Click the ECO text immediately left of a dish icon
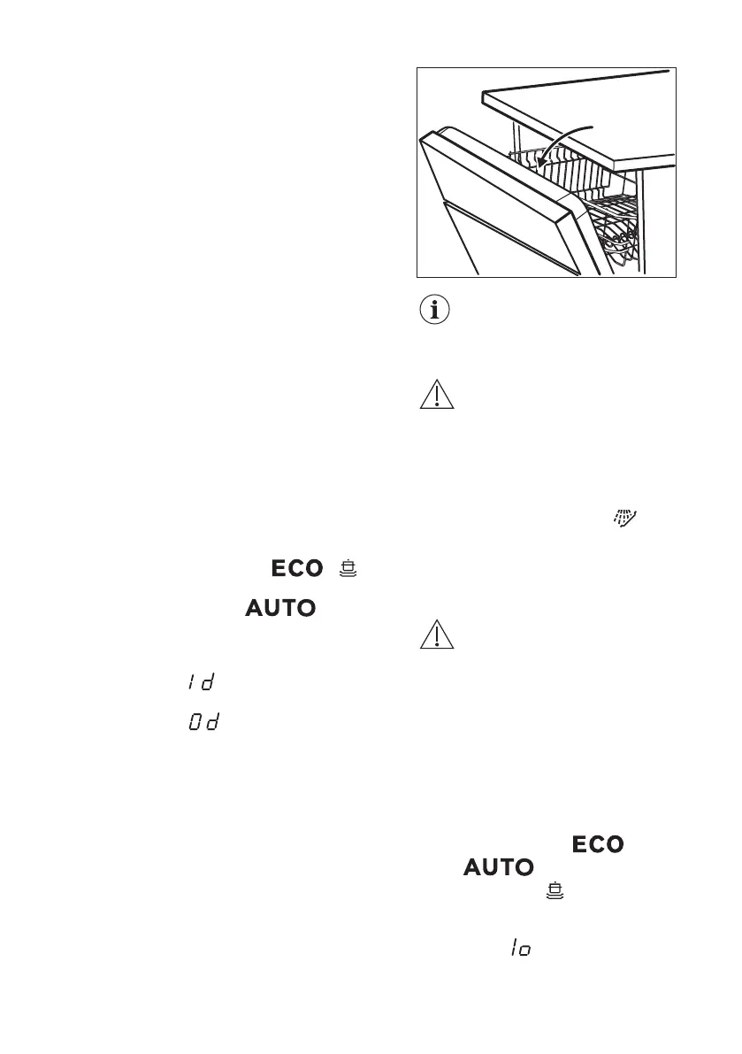(297, 568)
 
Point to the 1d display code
(202, 682)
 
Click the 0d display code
(203, 724)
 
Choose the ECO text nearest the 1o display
(599, 845)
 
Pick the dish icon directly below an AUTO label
(555, 889)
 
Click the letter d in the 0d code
(212, 724)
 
